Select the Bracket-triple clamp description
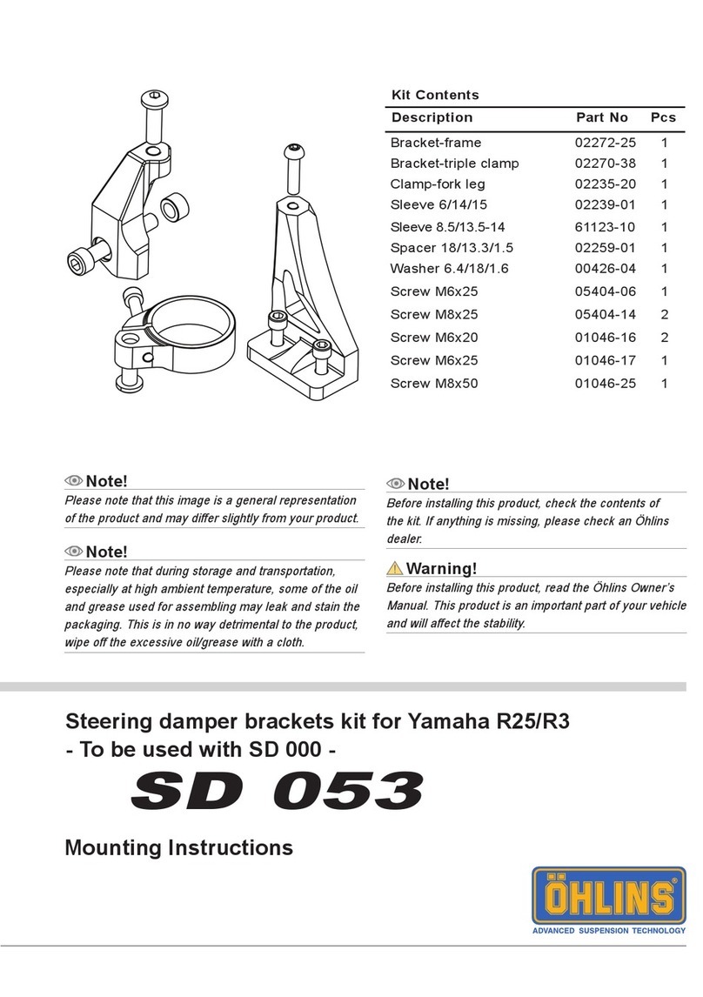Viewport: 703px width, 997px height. [x=454, y=164]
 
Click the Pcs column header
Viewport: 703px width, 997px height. [x=664, y=117]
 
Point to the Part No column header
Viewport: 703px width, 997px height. [x=602, y=117]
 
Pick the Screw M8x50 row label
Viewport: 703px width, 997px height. [x=434, y=384]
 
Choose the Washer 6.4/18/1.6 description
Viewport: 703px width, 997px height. [x=450, y=269]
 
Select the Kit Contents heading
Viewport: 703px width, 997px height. [x=435, y=95]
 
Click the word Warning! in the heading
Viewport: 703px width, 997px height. [x=442, y=570]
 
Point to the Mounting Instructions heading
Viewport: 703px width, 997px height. [x=179, y=846]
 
